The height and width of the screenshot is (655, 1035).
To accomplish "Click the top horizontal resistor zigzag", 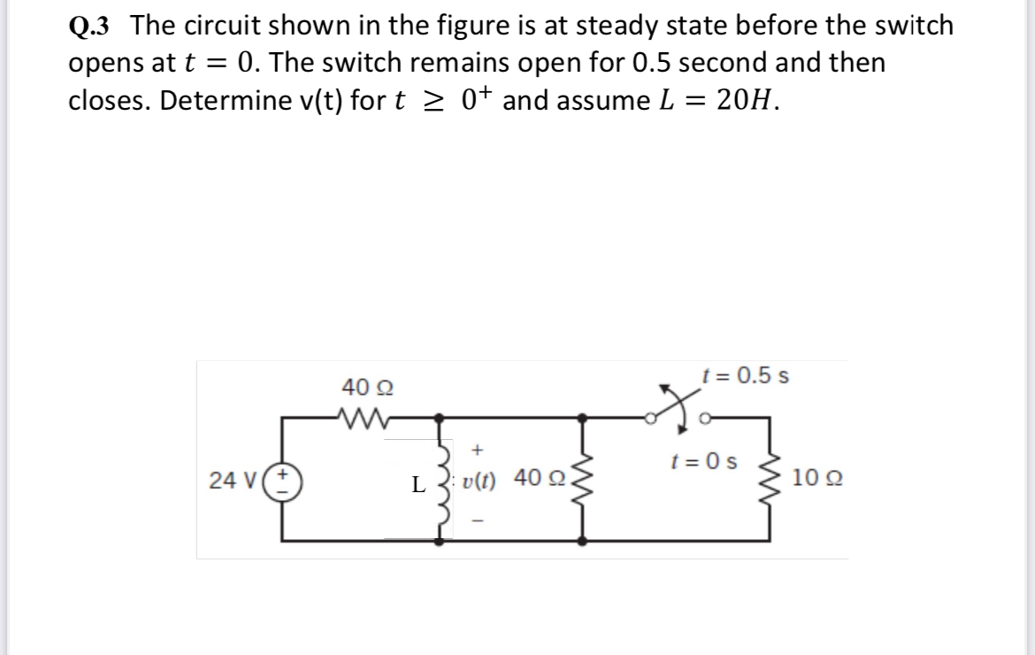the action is pos(360,415).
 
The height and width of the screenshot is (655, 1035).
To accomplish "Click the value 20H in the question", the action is pos(747,100).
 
